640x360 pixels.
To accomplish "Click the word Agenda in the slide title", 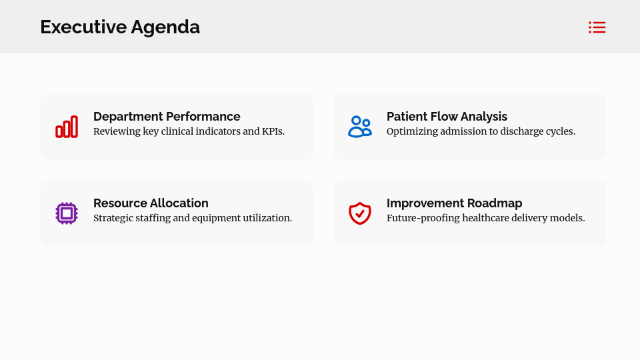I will tap(165, 27).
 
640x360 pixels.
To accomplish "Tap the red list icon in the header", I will tap(597, 27).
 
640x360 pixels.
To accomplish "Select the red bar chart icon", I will tap(67, 127).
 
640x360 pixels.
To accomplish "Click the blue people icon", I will tap(360, 127).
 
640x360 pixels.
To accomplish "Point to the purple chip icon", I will tap(67, 213).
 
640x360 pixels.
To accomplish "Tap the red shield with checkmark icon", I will tap(360, 213).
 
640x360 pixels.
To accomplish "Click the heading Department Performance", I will tap(167, 117).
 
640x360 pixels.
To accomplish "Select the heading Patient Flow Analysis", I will tap(447, 117).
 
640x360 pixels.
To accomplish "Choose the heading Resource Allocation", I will tap(151, 203).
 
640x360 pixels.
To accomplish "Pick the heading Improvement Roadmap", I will tap(454, 203).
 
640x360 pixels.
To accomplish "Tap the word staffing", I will tap(152, 218).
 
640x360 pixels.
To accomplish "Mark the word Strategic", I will tap(113, 218).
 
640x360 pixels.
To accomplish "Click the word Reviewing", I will tap(117, 131).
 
